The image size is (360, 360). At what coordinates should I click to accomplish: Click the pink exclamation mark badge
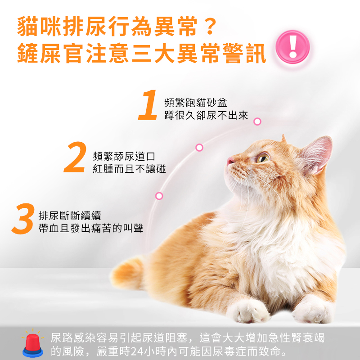[x=292, y=47]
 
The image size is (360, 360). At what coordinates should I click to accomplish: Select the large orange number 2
[x=75, y=157]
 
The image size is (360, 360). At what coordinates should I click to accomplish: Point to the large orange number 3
[x=23, y=219]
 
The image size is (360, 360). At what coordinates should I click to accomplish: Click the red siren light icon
[x=32, y=343]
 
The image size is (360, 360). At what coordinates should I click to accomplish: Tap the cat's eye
[x=263, y=158]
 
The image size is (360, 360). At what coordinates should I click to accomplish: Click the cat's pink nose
[x=230, y=161]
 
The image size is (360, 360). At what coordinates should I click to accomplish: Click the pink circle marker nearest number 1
[x=257, y=121]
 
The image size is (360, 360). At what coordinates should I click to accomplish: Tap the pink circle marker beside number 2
[x=199, y=148]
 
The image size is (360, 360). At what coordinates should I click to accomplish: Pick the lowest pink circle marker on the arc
[x=159, y=196]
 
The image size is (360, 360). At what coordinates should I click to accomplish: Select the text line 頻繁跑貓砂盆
[x=196, y=103]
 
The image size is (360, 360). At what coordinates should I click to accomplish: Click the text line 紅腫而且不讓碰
[x=129, y=169]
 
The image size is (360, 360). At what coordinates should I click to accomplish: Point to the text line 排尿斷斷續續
[x=70, y=216]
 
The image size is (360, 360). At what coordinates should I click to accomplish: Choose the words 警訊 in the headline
[x=244, y=53]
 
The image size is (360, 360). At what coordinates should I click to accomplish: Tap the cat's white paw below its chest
[x=248, y=311]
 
